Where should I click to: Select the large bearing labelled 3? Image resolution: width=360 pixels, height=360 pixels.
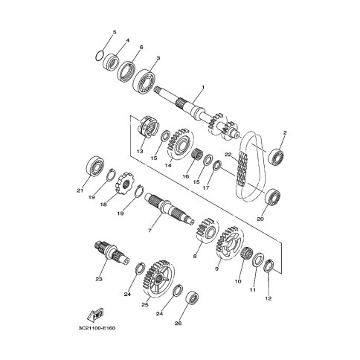[x=144, y=81]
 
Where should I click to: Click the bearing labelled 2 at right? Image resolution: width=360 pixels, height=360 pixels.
[x=277, y=158]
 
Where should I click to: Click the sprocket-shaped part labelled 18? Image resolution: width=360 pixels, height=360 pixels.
[x=123, y=185]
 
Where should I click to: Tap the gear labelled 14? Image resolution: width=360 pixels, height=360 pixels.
[x=181, y=144]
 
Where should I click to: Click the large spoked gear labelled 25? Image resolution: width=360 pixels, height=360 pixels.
[x=158, y=278]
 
